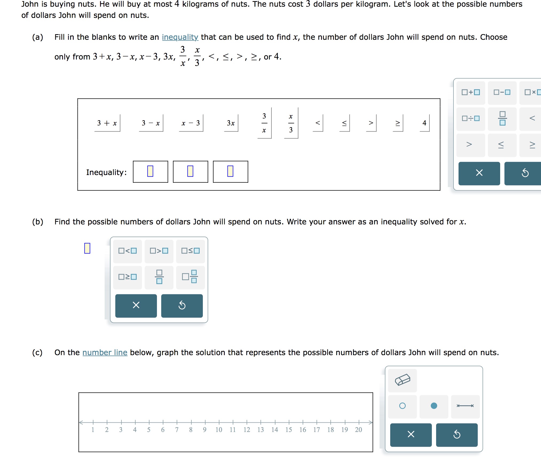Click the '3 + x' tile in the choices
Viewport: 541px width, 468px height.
[x=107, y=123]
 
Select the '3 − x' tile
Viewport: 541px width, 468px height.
[x=151, y=123]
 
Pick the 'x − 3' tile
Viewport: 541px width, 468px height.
[x=191, y=123]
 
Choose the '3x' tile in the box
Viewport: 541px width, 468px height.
[x=231, y=123]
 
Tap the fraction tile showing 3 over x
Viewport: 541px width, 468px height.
[x=264, y=123]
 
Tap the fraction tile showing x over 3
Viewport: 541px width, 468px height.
[x=291, y=123]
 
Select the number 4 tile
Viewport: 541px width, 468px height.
[x=424, y=123]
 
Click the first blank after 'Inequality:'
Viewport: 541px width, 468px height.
[x=150, y=172]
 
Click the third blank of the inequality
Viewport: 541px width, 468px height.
[x=230, y=172]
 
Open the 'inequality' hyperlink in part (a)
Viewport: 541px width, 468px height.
[x=180, y=37]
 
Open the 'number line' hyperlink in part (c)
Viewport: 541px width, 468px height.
[x=105, y=352]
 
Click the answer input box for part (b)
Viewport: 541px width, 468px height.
[x=87, y=248]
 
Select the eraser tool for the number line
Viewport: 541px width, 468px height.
[x=402, y=380]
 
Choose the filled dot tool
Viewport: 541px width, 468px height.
[x=434, y=406]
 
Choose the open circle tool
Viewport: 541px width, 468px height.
[x=402, y=406]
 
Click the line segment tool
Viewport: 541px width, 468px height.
[x=465, y=406]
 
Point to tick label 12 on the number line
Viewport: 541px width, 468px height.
[x=247, y=430]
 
